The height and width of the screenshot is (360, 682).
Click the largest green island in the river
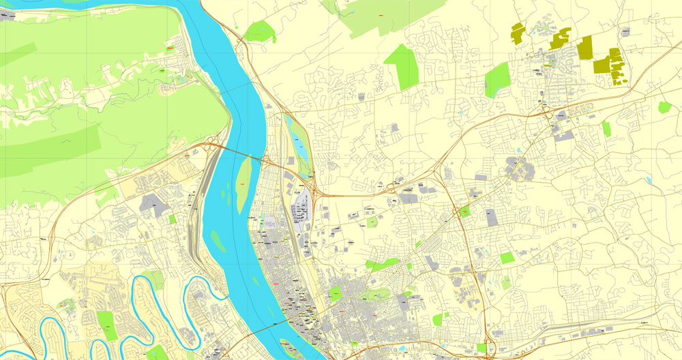click(244, 180)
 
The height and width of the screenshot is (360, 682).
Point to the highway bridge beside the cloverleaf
click(235, 152)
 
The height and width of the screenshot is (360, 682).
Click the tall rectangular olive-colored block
click(585, 48)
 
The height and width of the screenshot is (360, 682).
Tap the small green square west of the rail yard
click(172, 220)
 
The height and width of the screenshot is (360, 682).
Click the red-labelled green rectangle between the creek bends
click(106, 325)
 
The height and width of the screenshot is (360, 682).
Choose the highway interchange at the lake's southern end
click(311, 184)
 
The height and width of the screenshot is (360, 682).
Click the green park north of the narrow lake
click(259, 31)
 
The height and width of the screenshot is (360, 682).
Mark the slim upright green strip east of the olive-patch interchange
click(606, 129)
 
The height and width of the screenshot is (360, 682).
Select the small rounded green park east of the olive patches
click(664, 107)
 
